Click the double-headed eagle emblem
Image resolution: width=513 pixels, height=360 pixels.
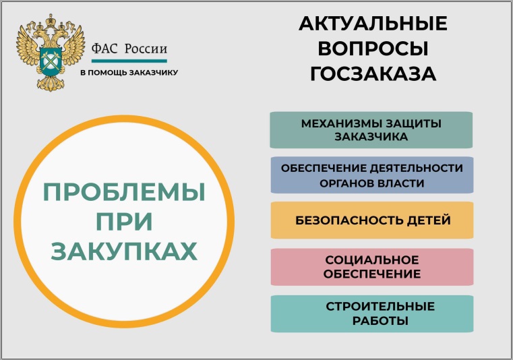tap(51, 53)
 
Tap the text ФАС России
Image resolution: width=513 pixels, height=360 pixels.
tap(129, 49)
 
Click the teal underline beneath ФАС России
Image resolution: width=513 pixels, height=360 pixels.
tap(129, 61)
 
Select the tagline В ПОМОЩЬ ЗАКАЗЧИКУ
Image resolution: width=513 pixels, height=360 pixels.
tap(129, 73)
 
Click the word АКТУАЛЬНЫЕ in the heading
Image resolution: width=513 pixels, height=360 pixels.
tap(373, 24)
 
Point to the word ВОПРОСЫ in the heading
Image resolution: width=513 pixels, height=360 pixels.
tap(373, 49)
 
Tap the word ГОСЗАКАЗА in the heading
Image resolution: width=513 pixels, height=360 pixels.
tap(373, 73)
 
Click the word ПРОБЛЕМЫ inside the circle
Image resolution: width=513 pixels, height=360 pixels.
tap(124, 192)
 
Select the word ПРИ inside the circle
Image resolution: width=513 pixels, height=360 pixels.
tap(124, 222)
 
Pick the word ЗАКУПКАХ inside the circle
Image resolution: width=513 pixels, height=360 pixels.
tap(124, 251)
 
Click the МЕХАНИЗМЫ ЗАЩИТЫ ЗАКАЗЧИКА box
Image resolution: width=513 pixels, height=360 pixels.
tap(371, 130)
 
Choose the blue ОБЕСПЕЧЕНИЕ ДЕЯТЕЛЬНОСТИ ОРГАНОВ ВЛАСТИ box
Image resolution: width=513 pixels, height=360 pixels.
tap(372, 175)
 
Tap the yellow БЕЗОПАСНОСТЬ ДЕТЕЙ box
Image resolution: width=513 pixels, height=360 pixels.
tap(372, 220)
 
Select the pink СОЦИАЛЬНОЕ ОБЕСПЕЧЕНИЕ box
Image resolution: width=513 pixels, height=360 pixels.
tap(372, 267)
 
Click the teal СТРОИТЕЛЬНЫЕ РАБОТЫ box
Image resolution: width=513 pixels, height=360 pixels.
tap(372, 314)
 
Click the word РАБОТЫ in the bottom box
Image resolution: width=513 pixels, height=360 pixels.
tap(380, 321)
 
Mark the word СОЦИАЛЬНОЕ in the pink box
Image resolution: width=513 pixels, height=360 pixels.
tap(372, 260)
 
